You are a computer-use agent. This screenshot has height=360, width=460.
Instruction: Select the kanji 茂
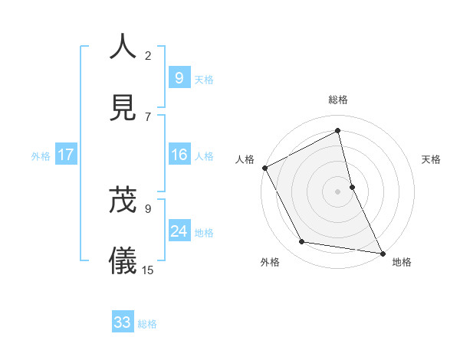pyautogui.click(x=123, y=198)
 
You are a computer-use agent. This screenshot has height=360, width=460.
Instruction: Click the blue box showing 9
pyautogui.click(x=179, y=78)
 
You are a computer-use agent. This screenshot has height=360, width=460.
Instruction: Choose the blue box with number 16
pyautogui.click(x=179, y=155)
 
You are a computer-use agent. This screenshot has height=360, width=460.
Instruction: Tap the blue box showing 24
pyautogui.click(x=179, y=231)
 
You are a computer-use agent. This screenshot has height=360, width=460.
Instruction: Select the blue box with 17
pyautogui.click(x=66, y=155)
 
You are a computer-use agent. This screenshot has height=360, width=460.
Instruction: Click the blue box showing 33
pyautogui.click(x=123, y=322)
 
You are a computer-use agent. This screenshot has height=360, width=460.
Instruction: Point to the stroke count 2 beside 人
pyautogui.click(x=148, y=55)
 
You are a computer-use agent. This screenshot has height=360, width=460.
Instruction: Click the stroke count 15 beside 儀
pyautogui.click(x=148, y=270)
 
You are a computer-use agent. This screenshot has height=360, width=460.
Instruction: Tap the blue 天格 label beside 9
pyautogui.click(x=204, y=79)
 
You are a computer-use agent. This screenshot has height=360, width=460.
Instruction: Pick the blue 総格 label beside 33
pyautogui.click(x=147, y=323)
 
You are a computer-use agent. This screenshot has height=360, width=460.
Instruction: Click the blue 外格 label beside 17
pyautogui.click(x=41, y=156)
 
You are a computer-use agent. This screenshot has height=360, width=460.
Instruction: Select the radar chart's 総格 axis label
pyautogui.click(x=338, y=100)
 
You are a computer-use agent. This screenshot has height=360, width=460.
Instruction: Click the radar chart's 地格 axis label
pyautogui.click(x=402, y=262)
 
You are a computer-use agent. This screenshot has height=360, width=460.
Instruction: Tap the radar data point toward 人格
pyautogui.click(x=264, y=168)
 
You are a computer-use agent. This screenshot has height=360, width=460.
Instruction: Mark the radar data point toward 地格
pyautogui.click(x=382, y=252)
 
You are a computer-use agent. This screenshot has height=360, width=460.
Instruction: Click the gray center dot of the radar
pyautogui.click(x=338, y=191)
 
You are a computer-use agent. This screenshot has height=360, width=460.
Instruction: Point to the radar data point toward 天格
pyautogui.click(x=352, y=187)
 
